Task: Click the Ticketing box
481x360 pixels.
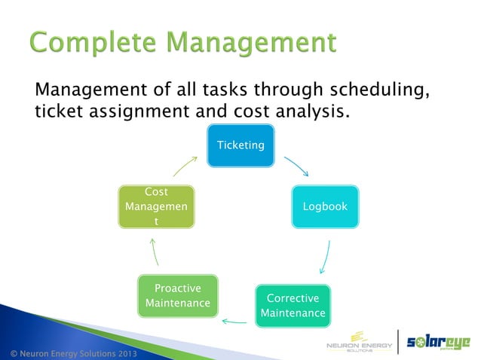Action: pyautogui.click(x=240, y=144)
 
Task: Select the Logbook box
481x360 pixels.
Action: pyautogui.click(x=325, y=206)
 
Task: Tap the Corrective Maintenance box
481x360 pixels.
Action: pyautogui.click(x=293, y=305)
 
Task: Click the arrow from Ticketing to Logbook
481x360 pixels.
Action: pyautogui.click(x=296, y=166)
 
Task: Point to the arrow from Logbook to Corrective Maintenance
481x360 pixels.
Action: pyautogui.click(x=325, y=257)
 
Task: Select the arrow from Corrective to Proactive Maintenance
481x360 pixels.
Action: pyautogui.click(x=234, y=322)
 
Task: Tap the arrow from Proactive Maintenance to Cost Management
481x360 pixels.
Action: pyautogui.click(x=154, y=252)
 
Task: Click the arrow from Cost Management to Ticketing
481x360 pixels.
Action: pyautogui.click(x=184, y=166)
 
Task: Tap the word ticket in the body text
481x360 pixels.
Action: pyautogui.click(x=58, y=112)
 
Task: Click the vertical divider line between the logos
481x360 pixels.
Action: pyautogui.click(x=398, y=343)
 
